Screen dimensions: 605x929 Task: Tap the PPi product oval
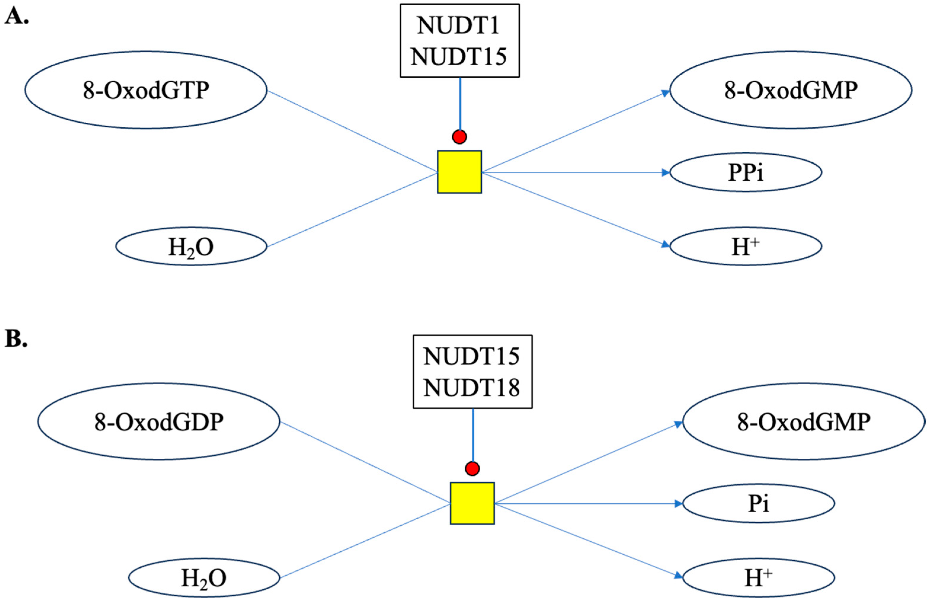746,172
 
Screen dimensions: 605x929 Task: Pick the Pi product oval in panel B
758,503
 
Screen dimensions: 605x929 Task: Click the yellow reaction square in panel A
459,172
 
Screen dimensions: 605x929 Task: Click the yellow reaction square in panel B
472,503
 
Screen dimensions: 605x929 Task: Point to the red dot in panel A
459,137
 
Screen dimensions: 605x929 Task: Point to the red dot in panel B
472,468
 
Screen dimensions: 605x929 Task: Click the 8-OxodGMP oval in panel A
791,90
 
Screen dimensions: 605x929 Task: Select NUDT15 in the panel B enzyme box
472,356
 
